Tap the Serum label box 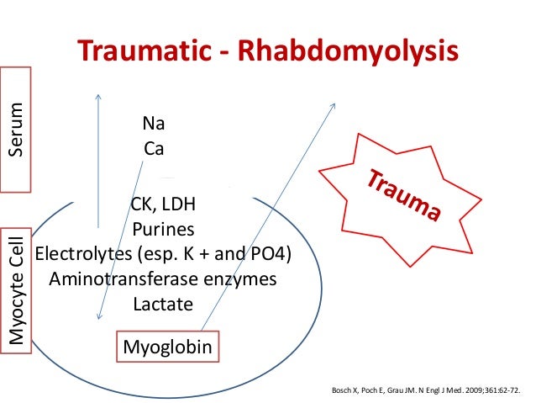(15, 130)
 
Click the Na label (154, 124)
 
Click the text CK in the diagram (143, 205)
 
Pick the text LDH (180, 205)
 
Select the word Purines (163, 230)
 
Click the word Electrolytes (81, 254)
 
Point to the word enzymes (240, 278)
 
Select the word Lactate (163, 303)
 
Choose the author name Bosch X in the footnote (348, 391)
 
